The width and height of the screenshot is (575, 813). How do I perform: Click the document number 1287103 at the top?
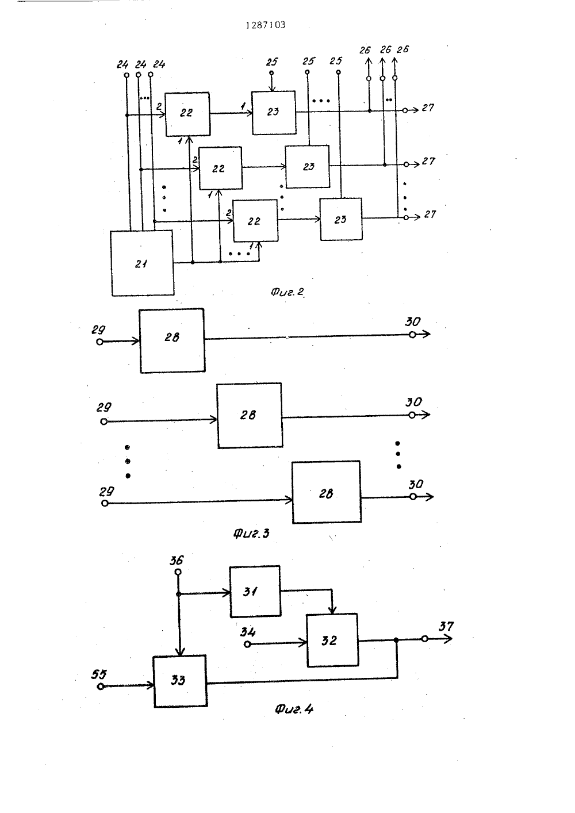coord(265,25)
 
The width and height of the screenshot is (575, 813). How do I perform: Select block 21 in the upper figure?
coord(142,263)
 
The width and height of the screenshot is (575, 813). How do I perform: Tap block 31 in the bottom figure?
coord(255,591)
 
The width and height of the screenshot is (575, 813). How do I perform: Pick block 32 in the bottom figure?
coord(332,641)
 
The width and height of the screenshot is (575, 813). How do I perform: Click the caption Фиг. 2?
coord(287,292)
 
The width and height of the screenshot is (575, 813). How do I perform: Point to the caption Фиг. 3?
coord(251,534)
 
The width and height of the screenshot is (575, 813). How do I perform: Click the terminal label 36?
coord(177,561)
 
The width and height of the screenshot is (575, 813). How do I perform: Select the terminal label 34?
coord(248,632)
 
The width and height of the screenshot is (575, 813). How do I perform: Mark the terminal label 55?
coord(99,674)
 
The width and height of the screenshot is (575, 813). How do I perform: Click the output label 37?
coord(446,627)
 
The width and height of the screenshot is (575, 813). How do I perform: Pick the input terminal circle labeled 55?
coord(101,687)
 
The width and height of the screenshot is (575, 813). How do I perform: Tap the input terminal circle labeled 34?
coord(247,644)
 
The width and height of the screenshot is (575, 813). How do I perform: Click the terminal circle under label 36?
coord(178,572)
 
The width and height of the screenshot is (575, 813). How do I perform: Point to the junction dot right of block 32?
coord(396,641)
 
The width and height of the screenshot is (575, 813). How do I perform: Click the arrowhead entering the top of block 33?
coord(180,651)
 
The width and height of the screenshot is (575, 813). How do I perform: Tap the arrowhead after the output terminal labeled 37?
coord(448,638)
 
